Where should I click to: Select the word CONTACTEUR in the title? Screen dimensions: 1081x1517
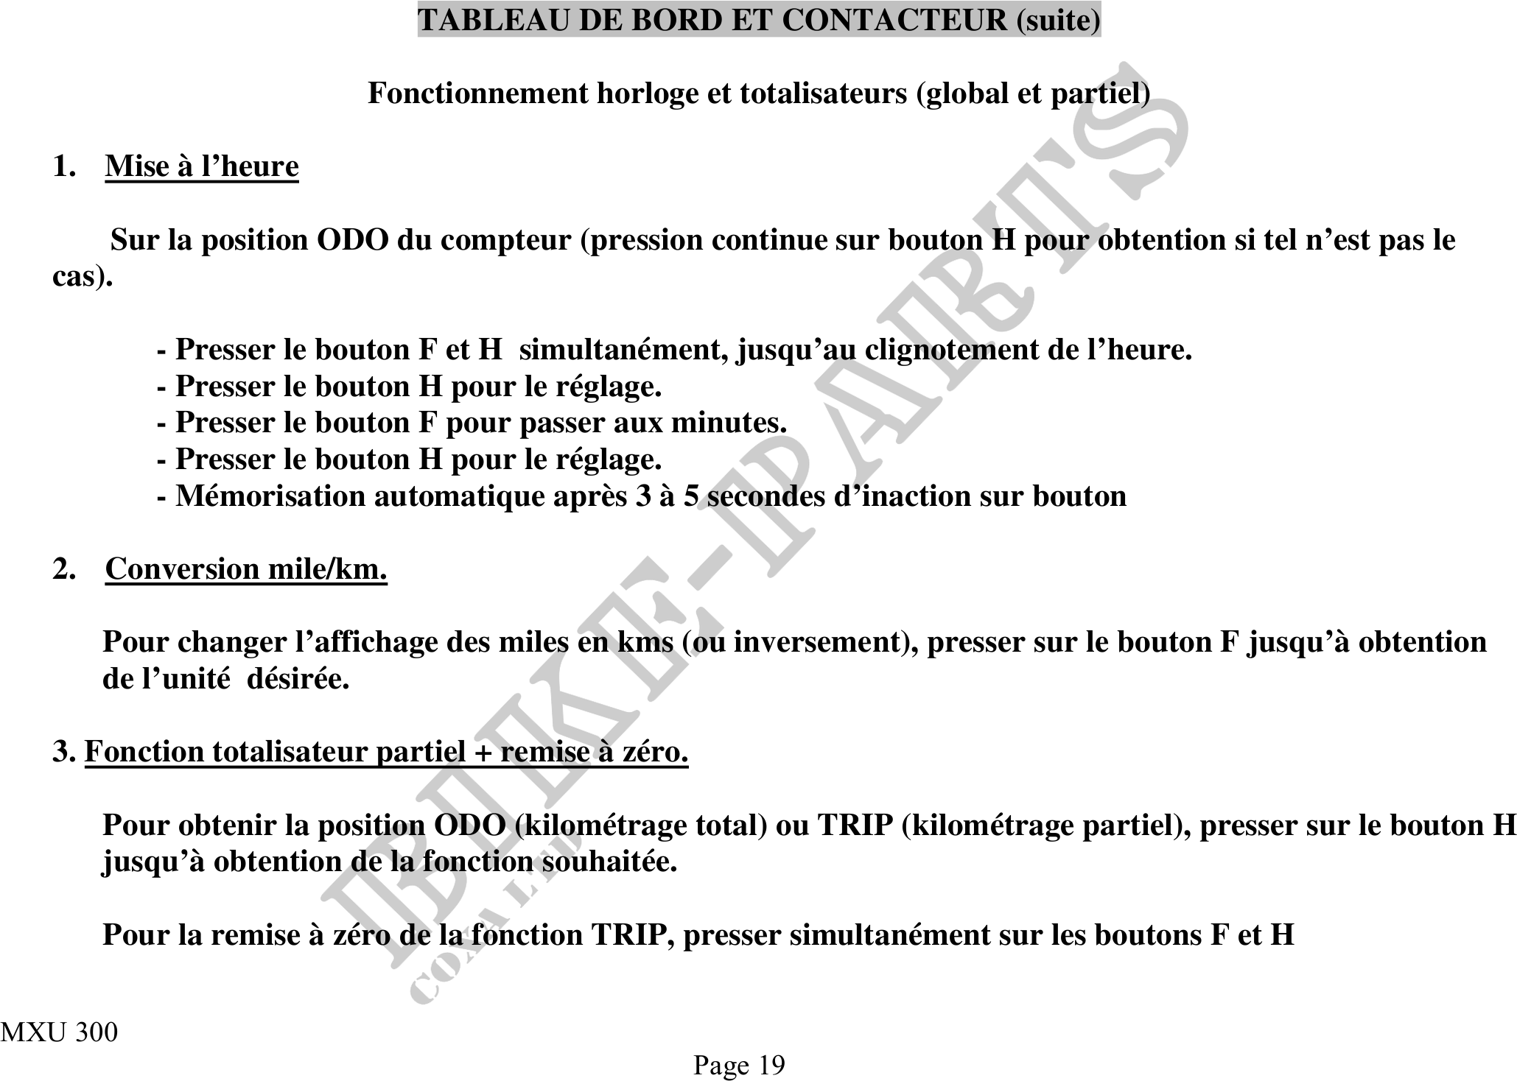click(894, 20)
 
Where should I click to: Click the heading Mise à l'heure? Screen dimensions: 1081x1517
click(202, 166)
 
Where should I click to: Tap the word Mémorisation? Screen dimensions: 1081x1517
click(270, 496)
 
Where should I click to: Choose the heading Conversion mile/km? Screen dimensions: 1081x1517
click(246, 569)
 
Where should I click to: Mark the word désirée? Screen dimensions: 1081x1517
click(298, 679)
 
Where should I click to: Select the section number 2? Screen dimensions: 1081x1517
click(62, 569)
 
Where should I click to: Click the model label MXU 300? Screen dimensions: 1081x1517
click(59, 1032)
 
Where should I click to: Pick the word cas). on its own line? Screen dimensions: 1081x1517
click(83, 277)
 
